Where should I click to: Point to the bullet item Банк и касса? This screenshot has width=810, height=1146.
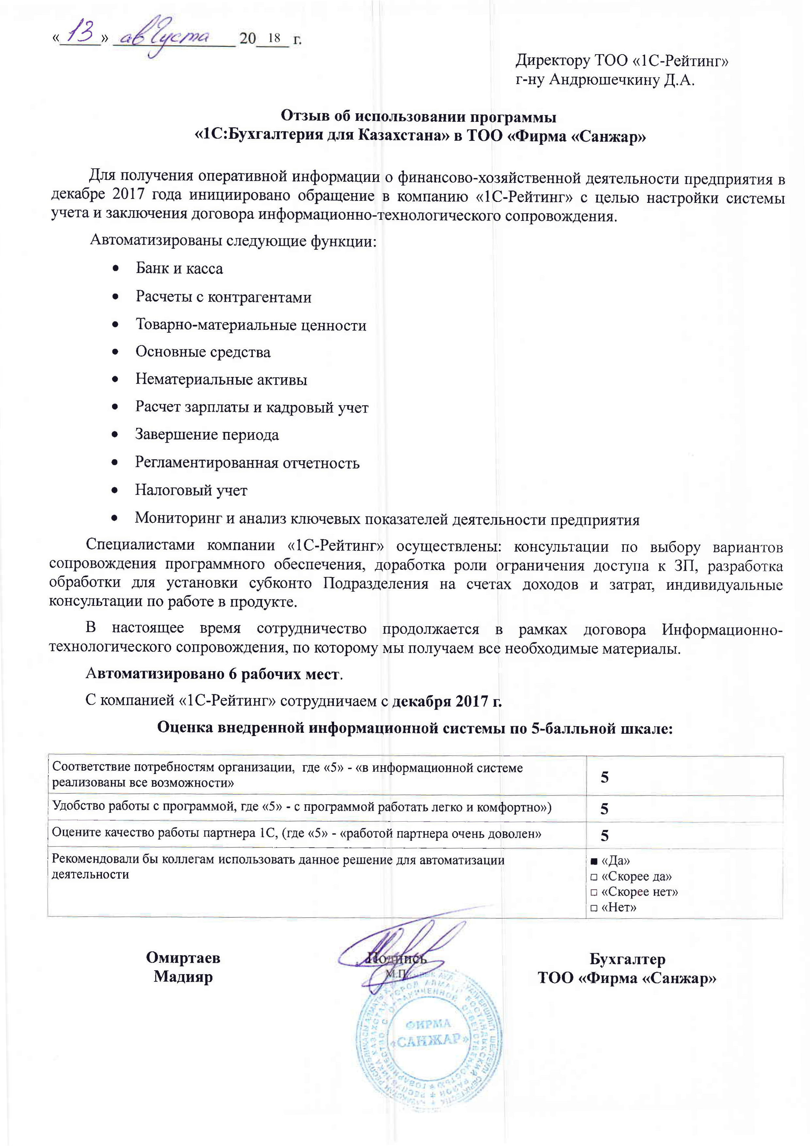(x=179, y=269)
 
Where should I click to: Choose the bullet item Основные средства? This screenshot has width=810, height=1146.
(x=202, y=352)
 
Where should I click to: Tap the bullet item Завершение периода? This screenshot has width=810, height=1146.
(x=207, y=435)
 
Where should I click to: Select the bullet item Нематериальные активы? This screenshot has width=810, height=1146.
(x=221, y=380)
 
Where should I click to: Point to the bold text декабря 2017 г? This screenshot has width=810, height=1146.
(x=447, y=701)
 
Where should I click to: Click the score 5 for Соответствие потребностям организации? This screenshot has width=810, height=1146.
(x=604, y=777)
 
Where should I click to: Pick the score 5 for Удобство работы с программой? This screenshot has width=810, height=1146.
(x=604, y=809)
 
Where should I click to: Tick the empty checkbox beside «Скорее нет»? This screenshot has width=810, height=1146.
(x=594, y=892)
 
